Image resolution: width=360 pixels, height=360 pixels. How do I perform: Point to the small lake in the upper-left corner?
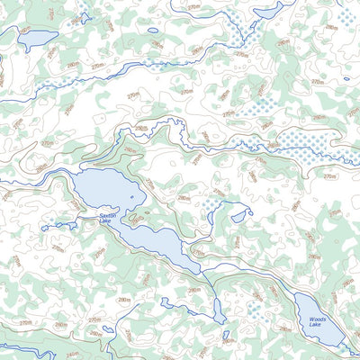38,40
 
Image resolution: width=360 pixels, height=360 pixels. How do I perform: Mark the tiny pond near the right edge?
346,79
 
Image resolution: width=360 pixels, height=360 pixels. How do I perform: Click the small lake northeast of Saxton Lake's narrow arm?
240,214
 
